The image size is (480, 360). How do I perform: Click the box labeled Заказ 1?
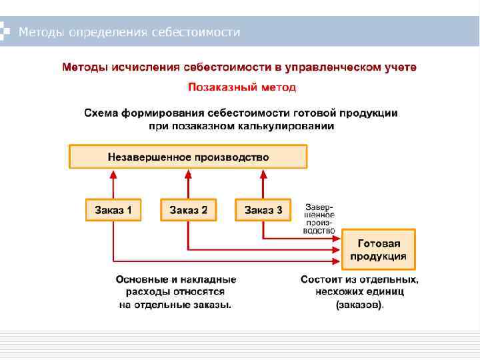(x=113, y=211)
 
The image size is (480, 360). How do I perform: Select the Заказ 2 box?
(x=188, y=211)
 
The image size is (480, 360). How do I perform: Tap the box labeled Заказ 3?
(x=263, y=211)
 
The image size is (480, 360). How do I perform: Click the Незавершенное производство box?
(x=188, y=157)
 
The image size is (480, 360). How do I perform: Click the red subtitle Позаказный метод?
(x=242, y=87)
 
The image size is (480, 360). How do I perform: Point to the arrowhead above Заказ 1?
(x=113, y=175)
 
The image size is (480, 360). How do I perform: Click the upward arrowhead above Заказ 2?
(x=188, y=175)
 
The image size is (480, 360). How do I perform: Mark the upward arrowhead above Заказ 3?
(x=263, y=175)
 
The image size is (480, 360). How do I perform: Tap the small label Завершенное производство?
(x=319, y=219)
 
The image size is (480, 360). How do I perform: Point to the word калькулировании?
(x=282, y=125)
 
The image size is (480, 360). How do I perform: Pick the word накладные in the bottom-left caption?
(x=211, y=280)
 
